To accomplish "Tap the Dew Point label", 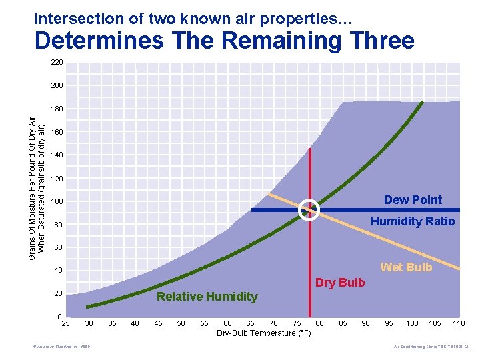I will pos(413,200).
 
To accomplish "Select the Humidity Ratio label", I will pos(413,221).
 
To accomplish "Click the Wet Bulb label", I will pos(406,267).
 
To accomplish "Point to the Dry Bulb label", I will pos(340,283).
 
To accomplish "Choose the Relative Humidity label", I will pos(207,297).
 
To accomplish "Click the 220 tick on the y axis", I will pos(57,62).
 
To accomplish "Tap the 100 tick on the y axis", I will pos(57,201).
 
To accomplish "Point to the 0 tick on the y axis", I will pos(59,316).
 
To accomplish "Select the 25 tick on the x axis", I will pos(66,323).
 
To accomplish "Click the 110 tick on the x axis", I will pos(458,323).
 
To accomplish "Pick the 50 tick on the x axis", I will pos(181,323).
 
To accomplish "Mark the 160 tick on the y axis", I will pos(57,132).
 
